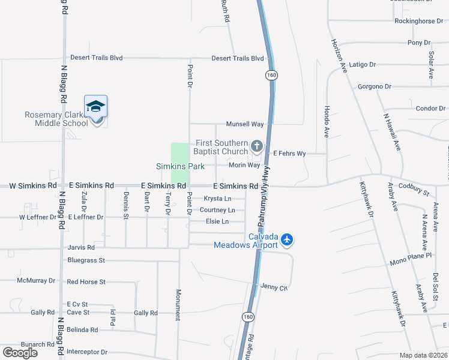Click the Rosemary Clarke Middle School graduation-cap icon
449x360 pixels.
[x=95, y=106]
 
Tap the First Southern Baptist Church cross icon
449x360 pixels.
[x=257, y=146]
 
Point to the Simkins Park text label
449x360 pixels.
[x=180, y=166]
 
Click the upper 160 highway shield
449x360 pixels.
[x=272, y=75]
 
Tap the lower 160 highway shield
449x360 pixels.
[x=247, y=316]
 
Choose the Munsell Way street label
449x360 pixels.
[x=245, y=124]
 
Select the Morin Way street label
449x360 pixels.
[x=244, y=165]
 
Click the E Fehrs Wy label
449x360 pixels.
[x=290, y=154]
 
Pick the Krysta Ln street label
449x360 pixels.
[x=217, y=199]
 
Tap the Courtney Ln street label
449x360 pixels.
[x=217, y=210]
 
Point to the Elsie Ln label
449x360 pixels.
[x=217, y=221]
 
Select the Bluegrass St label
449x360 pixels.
[x=86, y=260]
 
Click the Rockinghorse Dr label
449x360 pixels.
[x=418, y=21]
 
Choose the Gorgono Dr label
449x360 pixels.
[x=375, y=86]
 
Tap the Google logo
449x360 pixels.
[x=20, y=353]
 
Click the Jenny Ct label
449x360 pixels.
[x=275, y=288]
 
